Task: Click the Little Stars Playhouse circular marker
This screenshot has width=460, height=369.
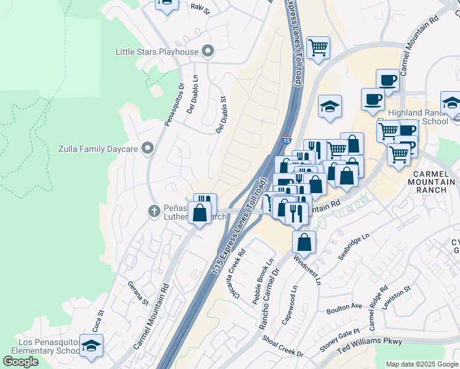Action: coord(208,52)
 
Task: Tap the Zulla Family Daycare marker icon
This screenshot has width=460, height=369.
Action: coord(147,148)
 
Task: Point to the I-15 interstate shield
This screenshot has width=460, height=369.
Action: coord(287,141)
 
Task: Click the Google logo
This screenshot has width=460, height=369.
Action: coord(20,362)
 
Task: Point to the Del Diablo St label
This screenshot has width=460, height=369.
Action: coord(221,114)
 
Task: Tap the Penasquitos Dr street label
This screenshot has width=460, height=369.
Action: coord(173,105)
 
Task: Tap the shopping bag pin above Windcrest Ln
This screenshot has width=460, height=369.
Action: coord(304,243)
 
